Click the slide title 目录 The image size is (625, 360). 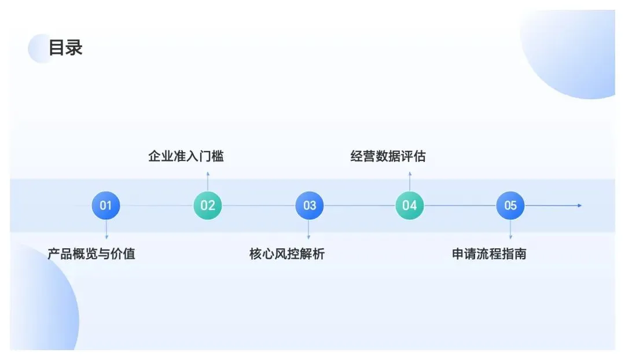point(65,47)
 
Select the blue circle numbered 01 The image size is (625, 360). point(106,205)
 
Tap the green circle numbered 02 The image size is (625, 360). point(208,205)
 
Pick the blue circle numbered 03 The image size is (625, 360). point(310,205)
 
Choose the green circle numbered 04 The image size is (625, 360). point(410,205)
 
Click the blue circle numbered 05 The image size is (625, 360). point(510,205)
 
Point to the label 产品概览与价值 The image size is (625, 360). point(91,254)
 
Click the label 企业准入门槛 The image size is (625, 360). point(186,156)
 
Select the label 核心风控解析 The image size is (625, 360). point(287,254)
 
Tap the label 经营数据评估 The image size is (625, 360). point(388,156)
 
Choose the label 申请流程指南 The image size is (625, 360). point(489,254)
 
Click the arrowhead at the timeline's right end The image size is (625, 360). point(579,205)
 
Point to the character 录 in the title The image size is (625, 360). point(74,47)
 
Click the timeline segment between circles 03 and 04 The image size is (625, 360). point(359,205)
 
